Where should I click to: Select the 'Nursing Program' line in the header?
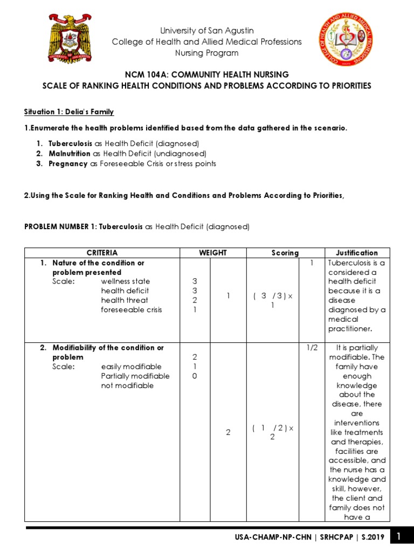207,53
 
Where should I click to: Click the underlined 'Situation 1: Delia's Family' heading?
69,112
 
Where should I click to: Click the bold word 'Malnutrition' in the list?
70,154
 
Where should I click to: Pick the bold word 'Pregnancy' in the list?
68,163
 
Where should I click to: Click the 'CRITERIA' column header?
102,253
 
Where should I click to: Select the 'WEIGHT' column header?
213,253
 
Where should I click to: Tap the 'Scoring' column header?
285,253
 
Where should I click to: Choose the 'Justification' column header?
357,253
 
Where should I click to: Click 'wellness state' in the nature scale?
126,281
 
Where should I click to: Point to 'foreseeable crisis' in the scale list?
132,309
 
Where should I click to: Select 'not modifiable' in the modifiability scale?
127,385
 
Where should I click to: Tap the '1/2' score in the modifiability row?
312,348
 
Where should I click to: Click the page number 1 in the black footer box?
399,537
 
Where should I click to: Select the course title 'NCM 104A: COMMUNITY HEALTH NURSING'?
207,75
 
